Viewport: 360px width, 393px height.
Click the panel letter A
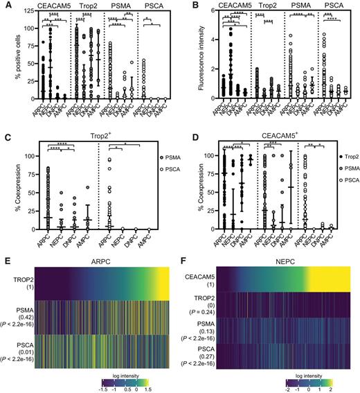[x=6, y=6]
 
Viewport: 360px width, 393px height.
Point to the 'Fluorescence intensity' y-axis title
[x=190, y=58]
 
